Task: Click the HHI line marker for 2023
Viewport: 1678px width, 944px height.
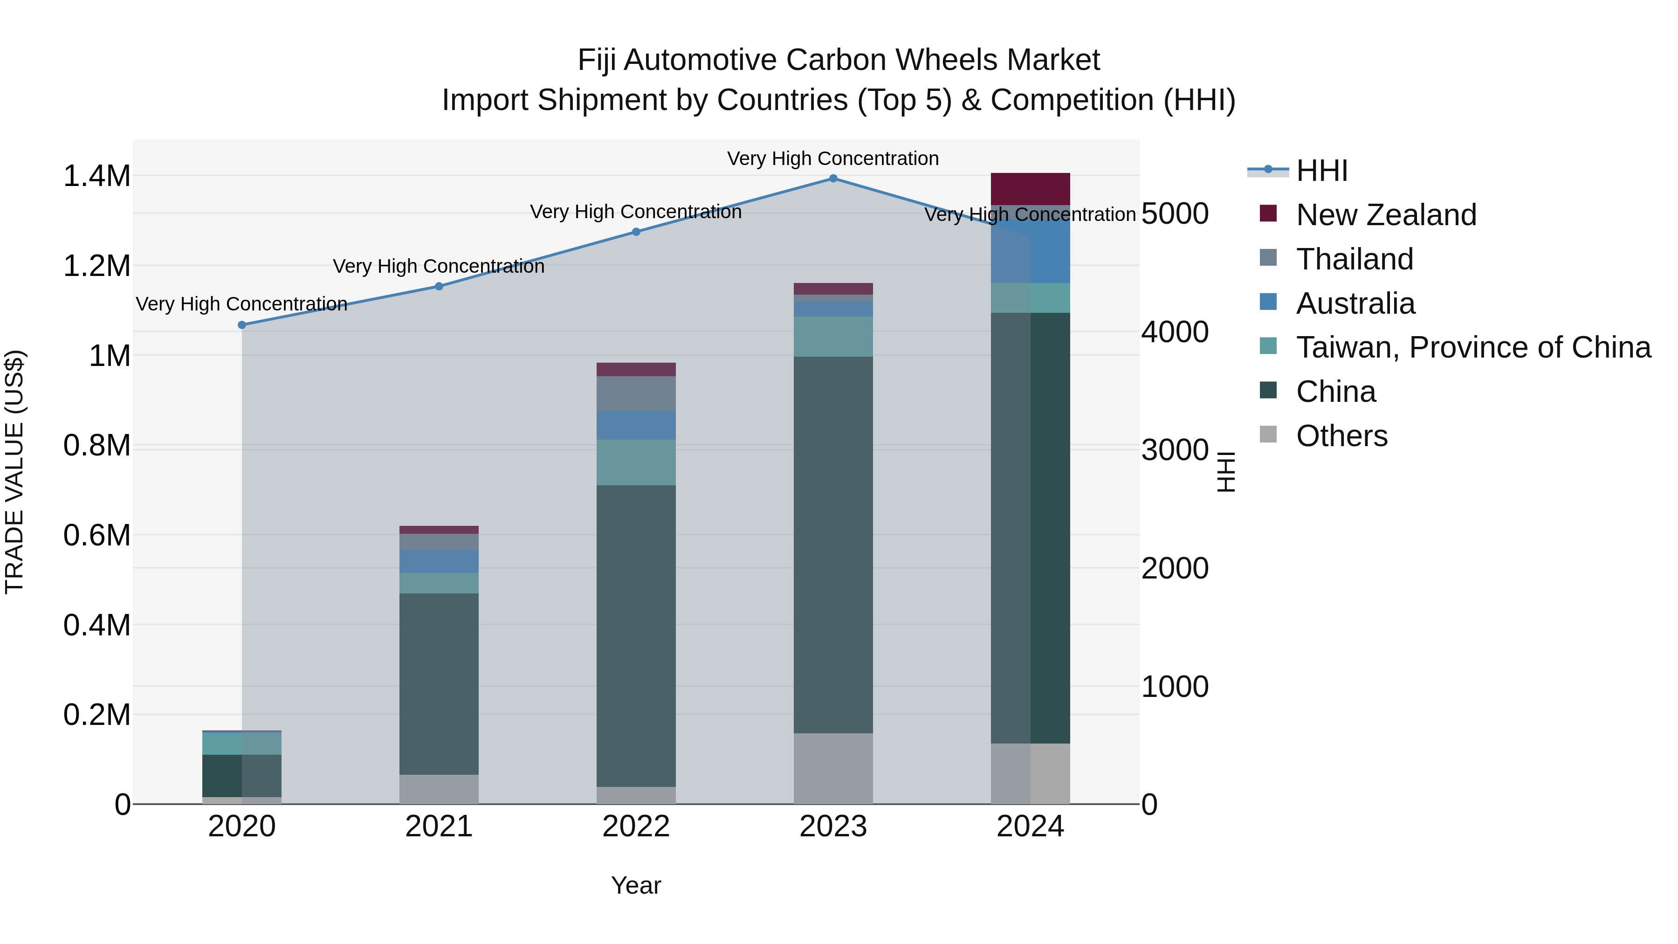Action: [833, 178]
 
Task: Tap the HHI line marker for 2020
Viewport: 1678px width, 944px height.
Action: [241, 324]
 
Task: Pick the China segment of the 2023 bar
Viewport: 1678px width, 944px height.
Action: [833, 544]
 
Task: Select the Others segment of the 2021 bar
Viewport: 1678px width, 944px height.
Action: [439, 788]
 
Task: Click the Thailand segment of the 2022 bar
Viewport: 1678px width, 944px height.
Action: [636, 393]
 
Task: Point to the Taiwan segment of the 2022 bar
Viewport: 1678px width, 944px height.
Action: [636, 462]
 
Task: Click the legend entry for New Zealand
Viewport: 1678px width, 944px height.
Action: [1386, 214]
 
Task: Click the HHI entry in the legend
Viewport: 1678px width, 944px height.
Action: [1321, 171]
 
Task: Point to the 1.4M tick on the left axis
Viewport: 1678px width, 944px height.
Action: [96, 176]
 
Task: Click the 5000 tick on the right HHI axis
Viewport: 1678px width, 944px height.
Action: [1175, 213]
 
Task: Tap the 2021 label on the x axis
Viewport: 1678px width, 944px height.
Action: [439, 826]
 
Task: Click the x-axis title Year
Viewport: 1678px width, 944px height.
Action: [636, 885]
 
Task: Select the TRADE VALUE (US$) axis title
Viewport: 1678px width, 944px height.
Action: [14, 472]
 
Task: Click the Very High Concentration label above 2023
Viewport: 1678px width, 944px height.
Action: [832, 158]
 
